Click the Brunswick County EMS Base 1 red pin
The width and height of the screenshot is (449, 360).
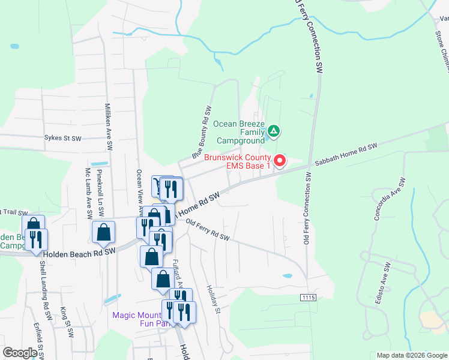[x=280, y=160]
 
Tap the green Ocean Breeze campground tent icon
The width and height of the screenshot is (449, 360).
[x=273, y=130]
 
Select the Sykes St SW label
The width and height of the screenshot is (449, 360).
[x=62, y=138]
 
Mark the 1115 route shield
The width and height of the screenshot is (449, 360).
[x=308, y=298]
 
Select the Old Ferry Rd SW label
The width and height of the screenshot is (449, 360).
[x=208, y=230]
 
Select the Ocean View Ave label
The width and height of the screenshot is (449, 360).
[x=139, y=181]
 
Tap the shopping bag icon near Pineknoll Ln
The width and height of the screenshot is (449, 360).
[x=104, y=232]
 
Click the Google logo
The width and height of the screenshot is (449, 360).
[x=20, y=353]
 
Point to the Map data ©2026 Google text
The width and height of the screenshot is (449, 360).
[x=411, y=355]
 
